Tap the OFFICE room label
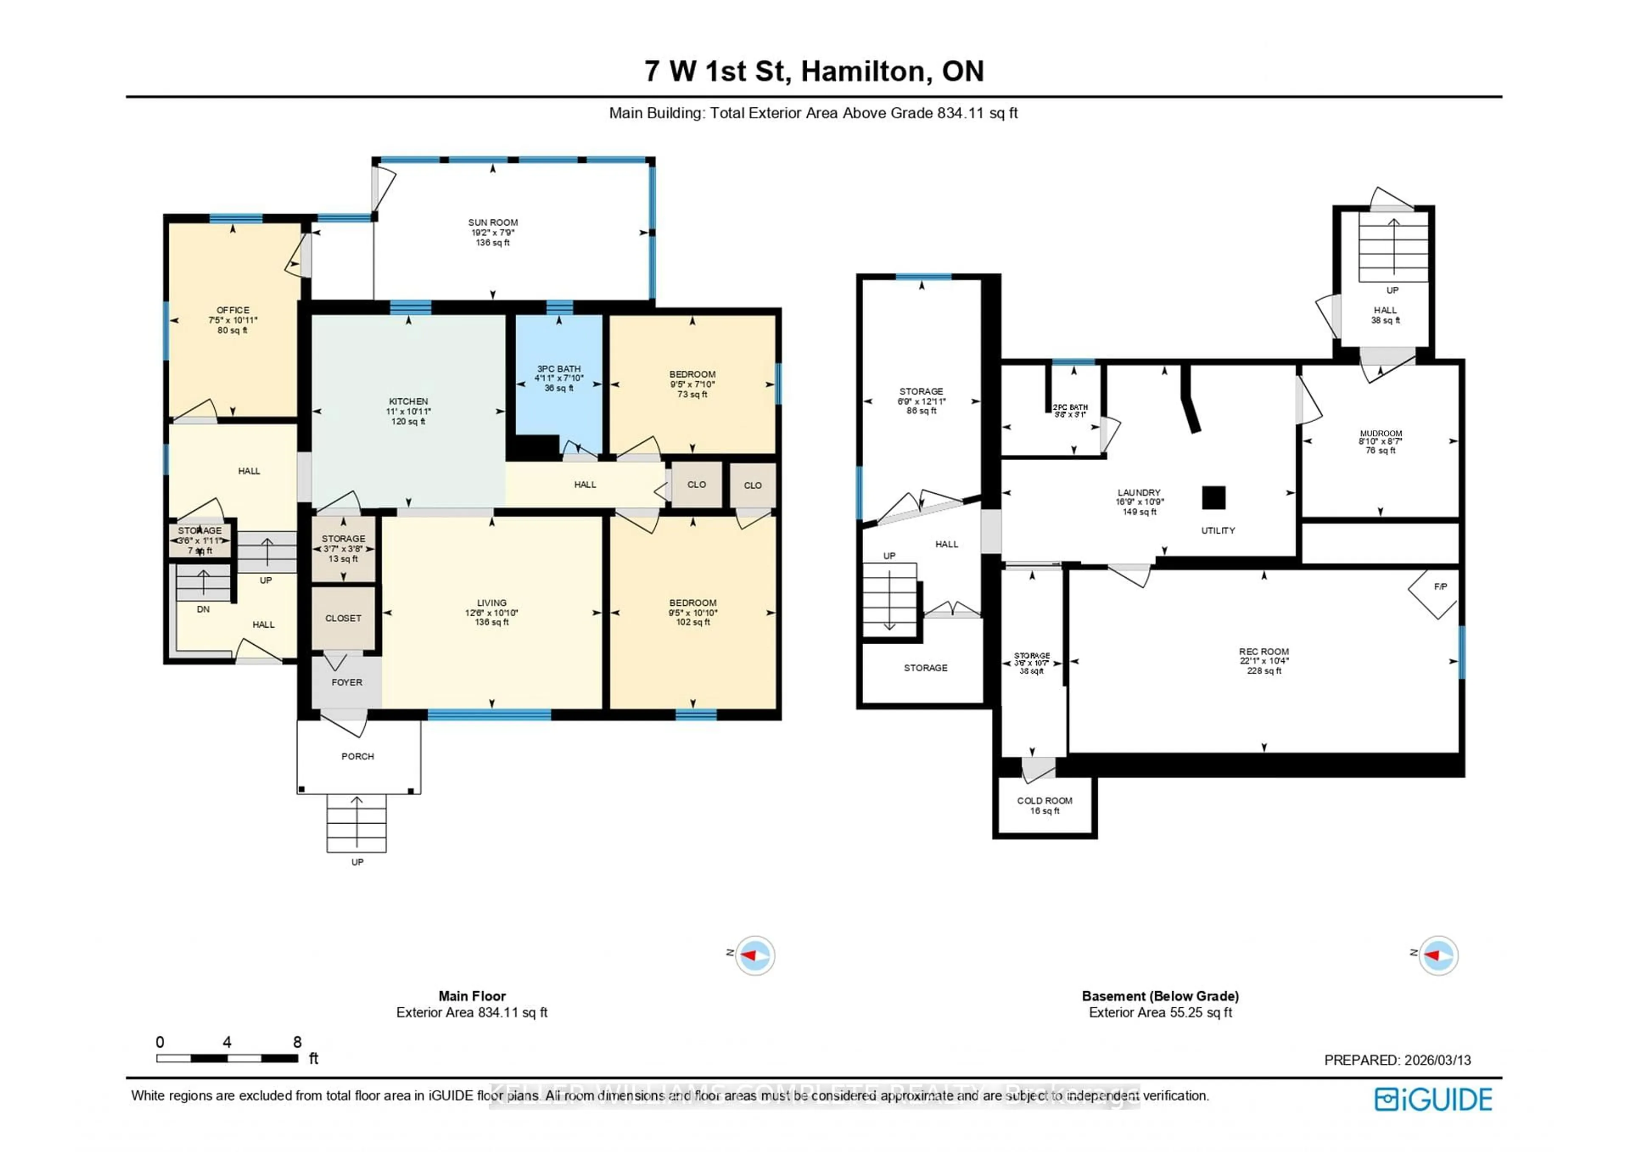[233, 310]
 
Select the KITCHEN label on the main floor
[408, 402]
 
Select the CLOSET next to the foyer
[343, 618]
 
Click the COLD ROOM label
[1044, 801]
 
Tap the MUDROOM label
[1381, 433]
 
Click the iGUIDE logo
[1433, 1099]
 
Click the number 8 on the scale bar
[297, 1042]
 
